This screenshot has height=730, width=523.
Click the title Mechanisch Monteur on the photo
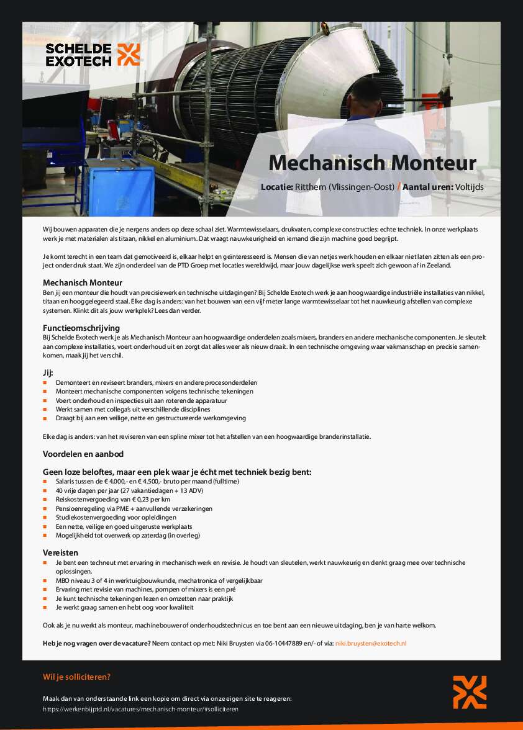[x=372, y=163]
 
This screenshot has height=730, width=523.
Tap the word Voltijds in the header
[x=469, y=186]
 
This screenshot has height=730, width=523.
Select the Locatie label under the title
[x=276, y=186]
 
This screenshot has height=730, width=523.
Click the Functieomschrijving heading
[x=81, y=327]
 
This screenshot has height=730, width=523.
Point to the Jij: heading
[x=48, y=372]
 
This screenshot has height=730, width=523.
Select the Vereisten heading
[x=60, y=552]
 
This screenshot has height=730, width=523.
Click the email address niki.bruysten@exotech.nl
[x=371, y=644]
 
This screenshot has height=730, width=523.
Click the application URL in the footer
[x=140, y=708]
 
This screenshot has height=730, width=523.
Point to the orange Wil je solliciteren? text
[x=76, y=677]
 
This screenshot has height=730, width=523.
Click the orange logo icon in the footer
[x=470, y=692]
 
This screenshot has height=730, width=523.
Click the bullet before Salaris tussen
[x=45, y=482]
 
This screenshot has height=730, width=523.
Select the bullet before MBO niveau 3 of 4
[x=45, y=581]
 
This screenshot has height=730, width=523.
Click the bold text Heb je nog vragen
[x=96, y=644]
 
